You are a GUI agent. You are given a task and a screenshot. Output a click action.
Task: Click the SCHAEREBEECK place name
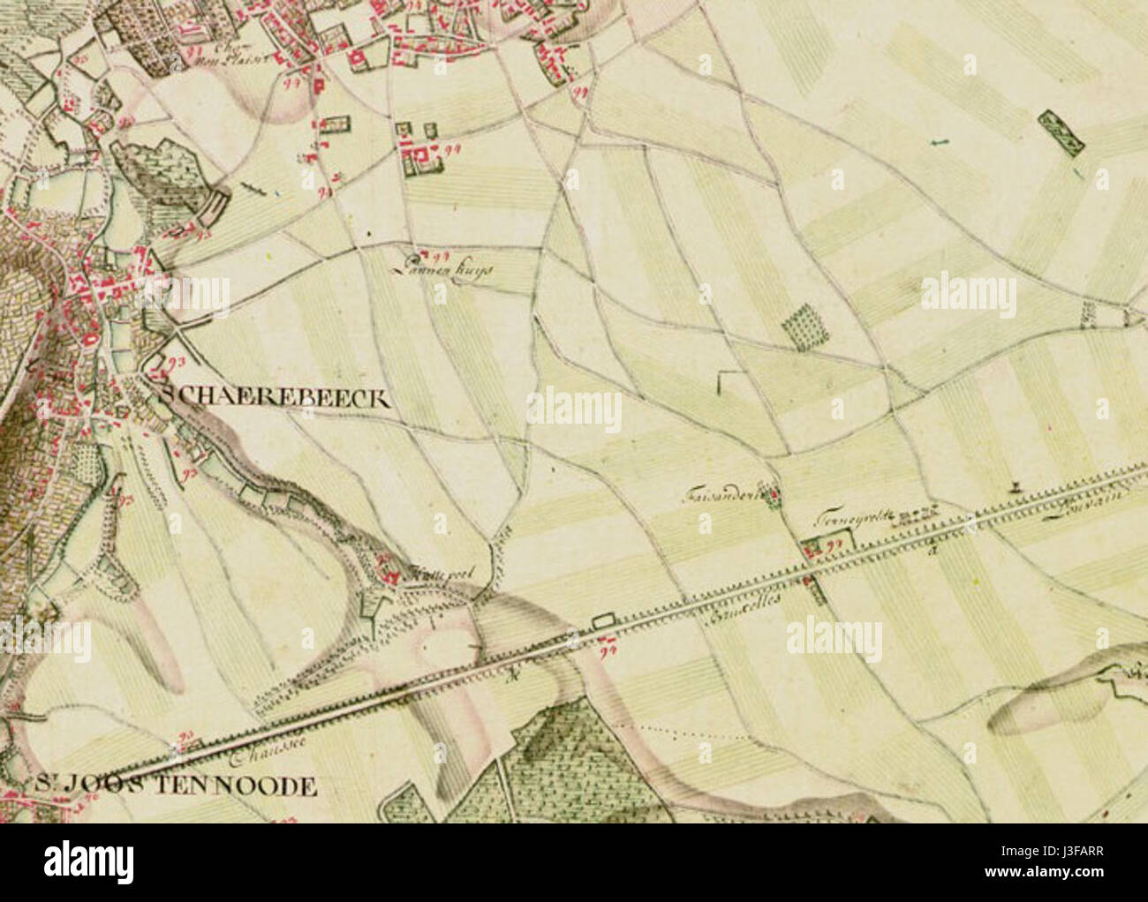[x=273, y=398]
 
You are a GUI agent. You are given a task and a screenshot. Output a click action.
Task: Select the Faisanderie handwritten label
[x=723, y=497]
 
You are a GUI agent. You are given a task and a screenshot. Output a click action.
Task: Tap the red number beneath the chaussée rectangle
[x=607, y=650]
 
